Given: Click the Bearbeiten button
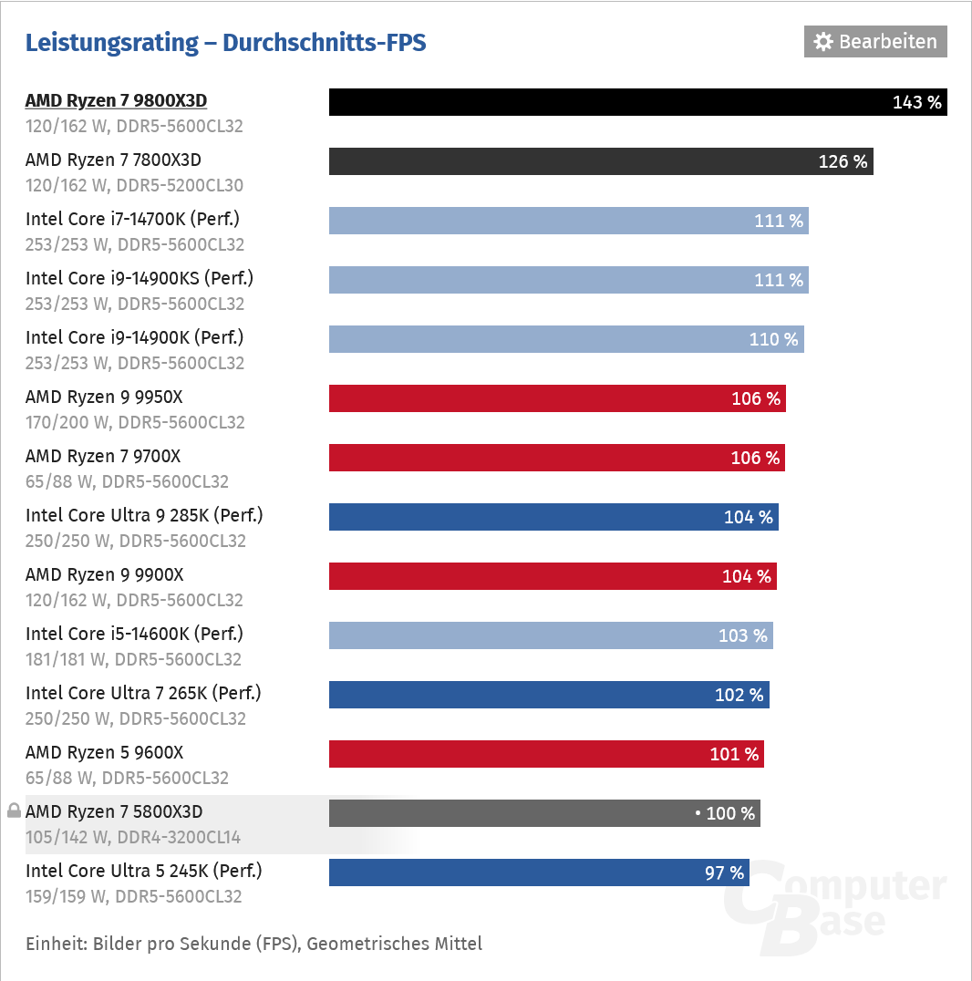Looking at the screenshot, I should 875,42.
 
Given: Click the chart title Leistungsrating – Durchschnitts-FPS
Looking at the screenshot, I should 225,43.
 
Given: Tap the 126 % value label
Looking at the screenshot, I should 843,161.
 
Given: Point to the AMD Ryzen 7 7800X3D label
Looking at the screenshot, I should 113,160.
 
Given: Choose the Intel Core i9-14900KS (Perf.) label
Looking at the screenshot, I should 140,279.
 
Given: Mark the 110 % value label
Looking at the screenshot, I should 773,339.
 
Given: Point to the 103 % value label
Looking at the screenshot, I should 742,635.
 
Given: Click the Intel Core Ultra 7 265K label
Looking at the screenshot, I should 143,694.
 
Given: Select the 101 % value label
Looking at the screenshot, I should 734,754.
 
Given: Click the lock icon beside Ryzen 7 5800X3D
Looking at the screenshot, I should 14,811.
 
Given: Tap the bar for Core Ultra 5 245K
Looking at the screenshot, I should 511,873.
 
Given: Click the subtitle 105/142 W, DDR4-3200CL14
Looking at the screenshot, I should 133,837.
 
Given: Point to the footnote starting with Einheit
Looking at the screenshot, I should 253,944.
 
